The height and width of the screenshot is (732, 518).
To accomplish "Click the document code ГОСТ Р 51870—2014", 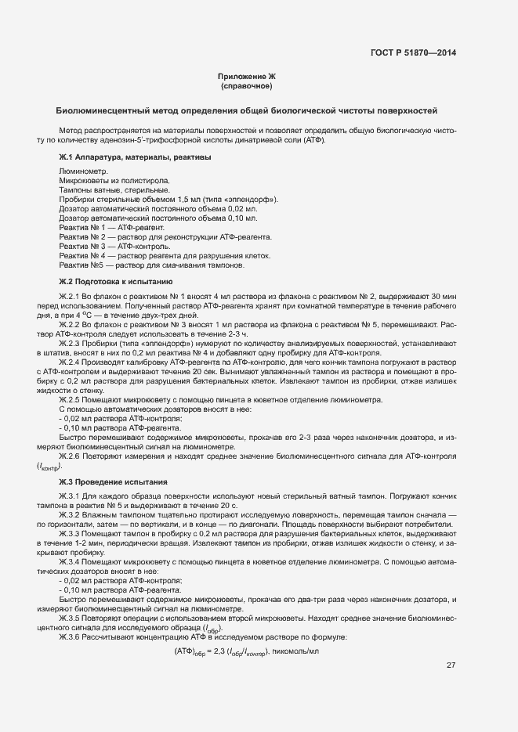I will (x=413, y=53).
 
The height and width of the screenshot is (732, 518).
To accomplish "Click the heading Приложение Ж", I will (x=247, y=76).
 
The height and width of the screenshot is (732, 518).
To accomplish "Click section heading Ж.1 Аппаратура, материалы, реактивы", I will (x=135, y=157).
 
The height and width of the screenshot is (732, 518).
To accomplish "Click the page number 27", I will (x=451, y=665).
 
